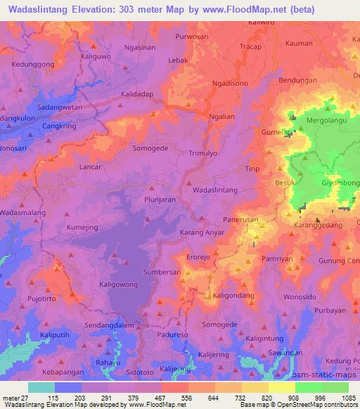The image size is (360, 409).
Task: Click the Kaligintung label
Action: (269, 339)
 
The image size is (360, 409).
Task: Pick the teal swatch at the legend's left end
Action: (41, 387)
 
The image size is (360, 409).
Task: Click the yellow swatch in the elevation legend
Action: (282, 387)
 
